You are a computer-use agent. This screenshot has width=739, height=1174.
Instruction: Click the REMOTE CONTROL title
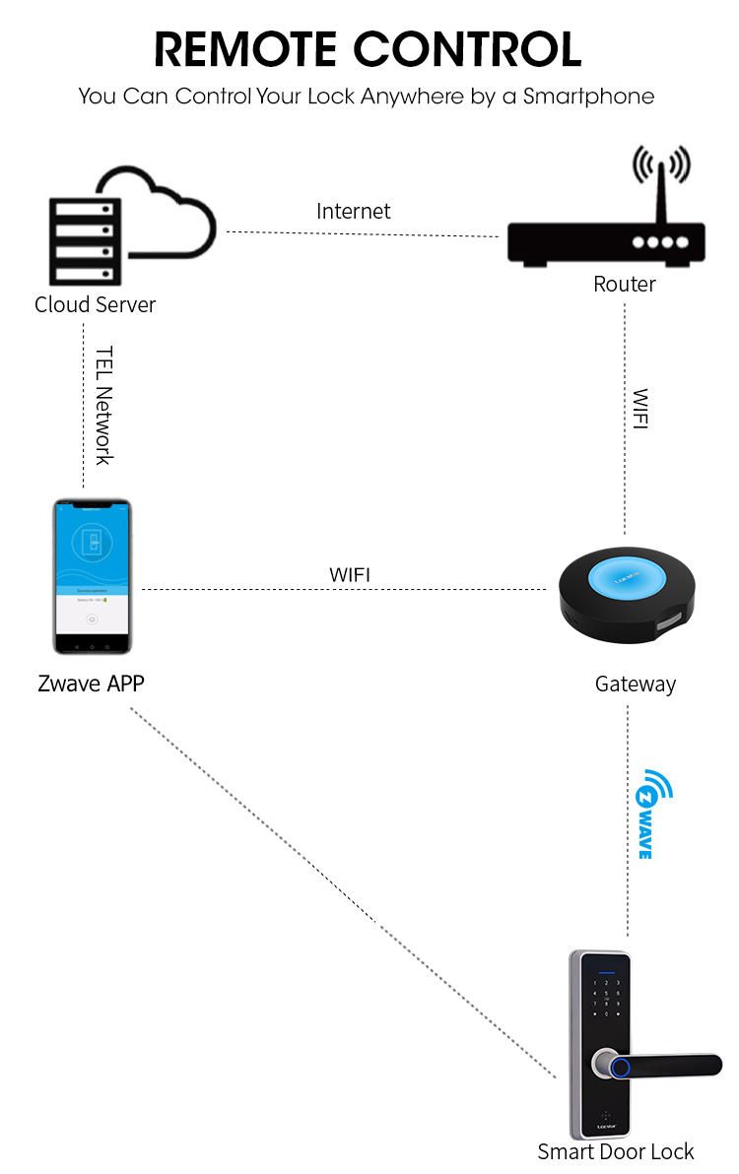pyautogui.click(x=369, y=49)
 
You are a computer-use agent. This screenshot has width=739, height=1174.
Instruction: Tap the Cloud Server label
pyautogui.click(x=95, y=304)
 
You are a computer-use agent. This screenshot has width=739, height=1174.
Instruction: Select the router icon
pyautogui.click(x=606, y=241)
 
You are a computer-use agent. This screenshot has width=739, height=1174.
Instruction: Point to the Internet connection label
pyautogui.click(x=353, y=211)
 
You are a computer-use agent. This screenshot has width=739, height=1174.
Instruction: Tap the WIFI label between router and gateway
pyautogui.click(x=640, y=410)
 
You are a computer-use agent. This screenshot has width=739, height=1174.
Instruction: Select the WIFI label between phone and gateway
pyautogui.click(x=350, y=574)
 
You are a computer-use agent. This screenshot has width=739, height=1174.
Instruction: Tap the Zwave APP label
pyautogui.click(x=91, y=684)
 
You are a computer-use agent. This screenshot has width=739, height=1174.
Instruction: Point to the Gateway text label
pyautogui.click(x=636, y=684)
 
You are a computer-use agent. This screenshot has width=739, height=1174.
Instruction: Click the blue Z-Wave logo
pyautogui.click(x=651, y=813)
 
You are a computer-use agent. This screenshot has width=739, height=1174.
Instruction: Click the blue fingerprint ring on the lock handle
pyautogui.click(x=621, y=1066)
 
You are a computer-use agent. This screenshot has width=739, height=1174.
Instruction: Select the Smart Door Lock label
pyautogui.click(x=616, y=1151)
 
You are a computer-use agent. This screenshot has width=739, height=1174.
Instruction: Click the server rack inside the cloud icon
pyautogui.click(x=83, y=239)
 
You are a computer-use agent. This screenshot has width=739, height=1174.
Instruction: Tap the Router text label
pyautogui.click(x=625, y=285)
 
